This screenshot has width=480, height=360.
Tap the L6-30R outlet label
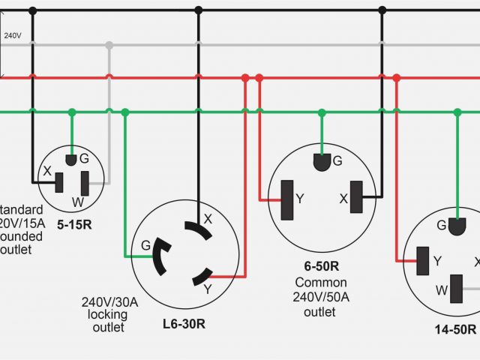[x=184, y=325]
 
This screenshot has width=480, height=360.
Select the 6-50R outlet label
[x=321, y=266]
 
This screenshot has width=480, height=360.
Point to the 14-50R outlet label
[x=454, y=329]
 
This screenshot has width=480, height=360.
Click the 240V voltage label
[x=12, y=35]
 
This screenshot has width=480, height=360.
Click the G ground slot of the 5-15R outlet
[x=72, y=159]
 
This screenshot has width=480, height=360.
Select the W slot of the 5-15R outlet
[x=85, y=182]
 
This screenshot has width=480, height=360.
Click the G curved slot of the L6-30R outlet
[x=160, y=257]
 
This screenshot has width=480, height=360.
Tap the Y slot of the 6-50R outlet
[x=286, y=200]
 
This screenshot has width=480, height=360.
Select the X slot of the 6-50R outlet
[x=355, y=199]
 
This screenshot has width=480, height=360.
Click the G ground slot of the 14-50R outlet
[x=457, y=224]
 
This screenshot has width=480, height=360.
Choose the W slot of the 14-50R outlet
[x=456, y=288]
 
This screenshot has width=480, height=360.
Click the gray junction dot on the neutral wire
[x=109, y=45]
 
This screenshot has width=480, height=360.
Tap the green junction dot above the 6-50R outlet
[x=321, y=112]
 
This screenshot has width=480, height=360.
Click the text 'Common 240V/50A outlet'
[x=320, y=297]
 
